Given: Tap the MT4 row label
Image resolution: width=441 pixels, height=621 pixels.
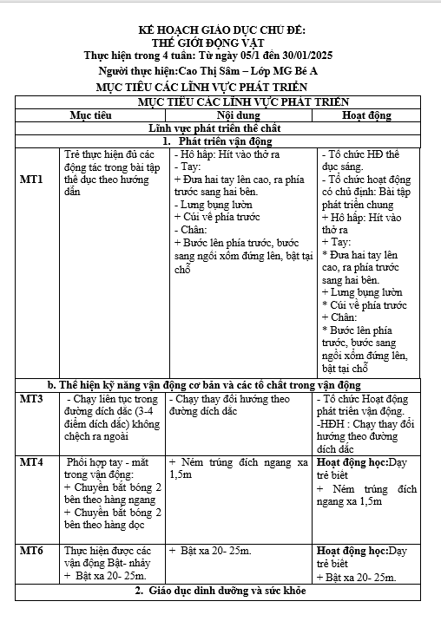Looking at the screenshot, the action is coord(31,463).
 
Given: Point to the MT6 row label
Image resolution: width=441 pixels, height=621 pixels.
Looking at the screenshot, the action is coord(31,551).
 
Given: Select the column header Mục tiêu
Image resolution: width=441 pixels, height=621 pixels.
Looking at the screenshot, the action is coord(90,114).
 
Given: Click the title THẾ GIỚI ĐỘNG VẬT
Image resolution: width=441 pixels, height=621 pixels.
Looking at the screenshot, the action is coord(220,42).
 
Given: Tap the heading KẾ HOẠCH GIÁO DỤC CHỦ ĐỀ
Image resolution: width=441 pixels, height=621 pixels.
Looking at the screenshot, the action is coord(220,29).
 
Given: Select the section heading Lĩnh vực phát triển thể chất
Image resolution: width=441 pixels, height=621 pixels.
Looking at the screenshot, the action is coord(220,127).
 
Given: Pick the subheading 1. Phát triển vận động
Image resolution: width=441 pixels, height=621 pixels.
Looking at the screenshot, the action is coord(220,141).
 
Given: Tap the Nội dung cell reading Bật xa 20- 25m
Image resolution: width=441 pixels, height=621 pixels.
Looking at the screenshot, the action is coord(211,551).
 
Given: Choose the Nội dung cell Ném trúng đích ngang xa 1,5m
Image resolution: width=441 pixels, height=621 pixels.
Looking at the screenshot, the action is coord(239,469).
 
